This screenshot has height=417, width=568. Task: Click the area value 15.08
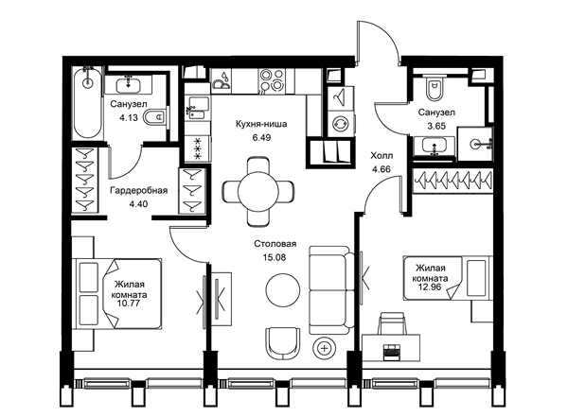(275, 258)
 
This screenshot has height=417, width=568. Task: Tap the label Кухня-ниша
(261, 124)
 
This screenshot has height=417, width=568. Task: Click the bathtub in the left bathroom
(88, 103)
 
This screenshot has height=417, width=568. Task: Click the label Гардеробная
(139, 190)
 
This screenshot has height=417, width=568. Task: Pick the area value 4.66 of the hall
(382, 169)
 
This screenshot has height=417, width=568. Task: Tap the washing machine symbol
(341, 124)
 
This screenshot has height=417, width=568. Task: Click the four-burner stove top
(272, 80)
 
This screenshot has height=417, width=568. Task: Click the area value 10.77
(129, 303)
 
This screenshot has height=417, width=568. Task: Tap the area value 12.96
(430, 288)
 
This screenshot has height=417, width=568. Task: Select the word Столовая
(275, 244)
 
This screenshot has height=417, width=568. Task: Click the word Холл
(382, 156)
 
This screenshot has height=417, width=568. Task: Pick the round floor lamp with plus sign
(325, 349)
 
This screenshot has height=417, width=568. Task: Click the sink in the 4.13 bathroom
(128, 86)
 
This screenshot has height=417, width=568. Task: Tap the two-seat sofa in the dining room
(331, 290)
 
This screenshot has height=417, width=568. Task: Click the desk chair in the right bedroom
(393, 323)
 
